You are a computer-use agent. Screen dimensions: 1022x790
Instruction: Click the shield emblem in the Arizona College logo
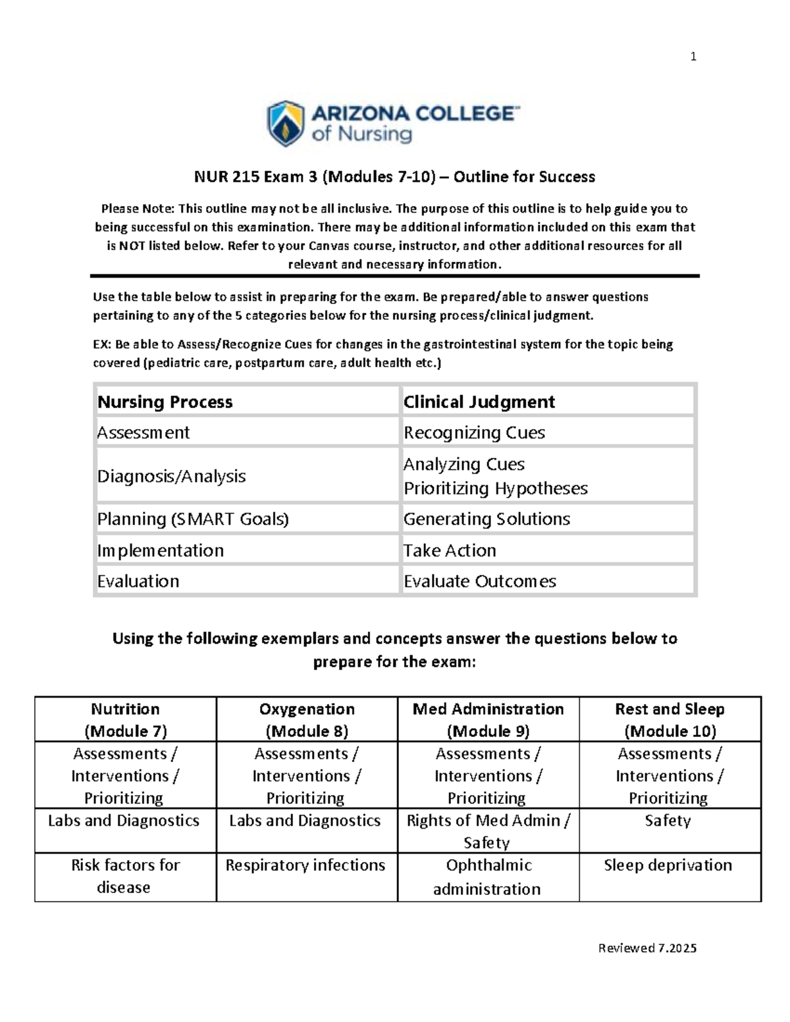point(285,123)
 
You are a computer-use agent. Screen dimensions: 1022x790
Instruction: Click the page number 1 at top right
point(693,57)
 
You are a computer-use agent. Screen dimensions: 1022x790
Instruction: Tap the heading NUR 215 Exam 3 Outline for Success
point(394,176)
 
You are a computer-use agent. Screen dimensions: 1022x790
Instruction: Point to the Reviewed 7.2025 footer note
point(647,948)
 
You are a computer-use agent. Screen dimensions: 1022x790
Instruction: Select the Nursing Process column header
point(165,401)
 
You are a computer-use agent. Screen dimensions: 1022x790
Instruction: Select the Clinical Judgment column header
point(479,401)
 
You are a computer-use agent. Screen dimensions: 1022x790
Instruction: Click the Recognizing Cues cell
point(474,432)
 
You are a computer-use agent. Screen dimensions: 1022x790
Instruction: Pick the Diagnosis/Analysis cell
point(172,476)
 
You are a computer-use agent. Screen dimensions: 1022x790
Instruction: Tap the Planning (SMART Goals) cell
point(194,519)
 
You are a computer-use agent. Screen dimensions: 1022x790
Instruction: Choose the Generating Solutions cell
point(487,519)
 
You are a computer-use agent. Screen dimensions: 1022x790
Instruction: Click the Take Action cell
point(450,550)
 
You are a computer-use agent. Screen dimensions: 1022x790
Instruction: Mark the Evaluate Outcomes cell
point(480,581)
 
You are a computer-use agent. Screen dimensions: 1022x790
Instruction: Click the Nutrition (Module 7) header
point(125,719)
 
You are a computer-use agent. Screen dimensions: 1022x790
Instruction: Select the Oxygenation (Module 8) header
point(307,719)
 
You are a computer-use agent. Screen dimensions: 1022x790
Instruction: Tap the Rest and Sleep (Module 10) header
point(670,719)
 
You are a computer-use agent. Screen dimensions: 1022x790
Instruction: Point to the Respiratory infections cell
point(305,865)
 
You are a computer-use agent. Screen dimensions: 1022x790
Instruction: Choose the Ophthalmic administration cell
point(488,877)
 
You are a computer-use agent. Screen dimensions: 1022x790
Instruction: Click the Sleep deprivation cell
point(668,865)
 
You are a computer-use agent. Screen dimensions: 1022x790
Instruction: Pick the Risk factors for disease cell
point(125,876)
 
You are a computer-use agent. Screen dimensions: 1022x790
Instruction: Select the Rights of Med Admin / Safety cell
point(488,831)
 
